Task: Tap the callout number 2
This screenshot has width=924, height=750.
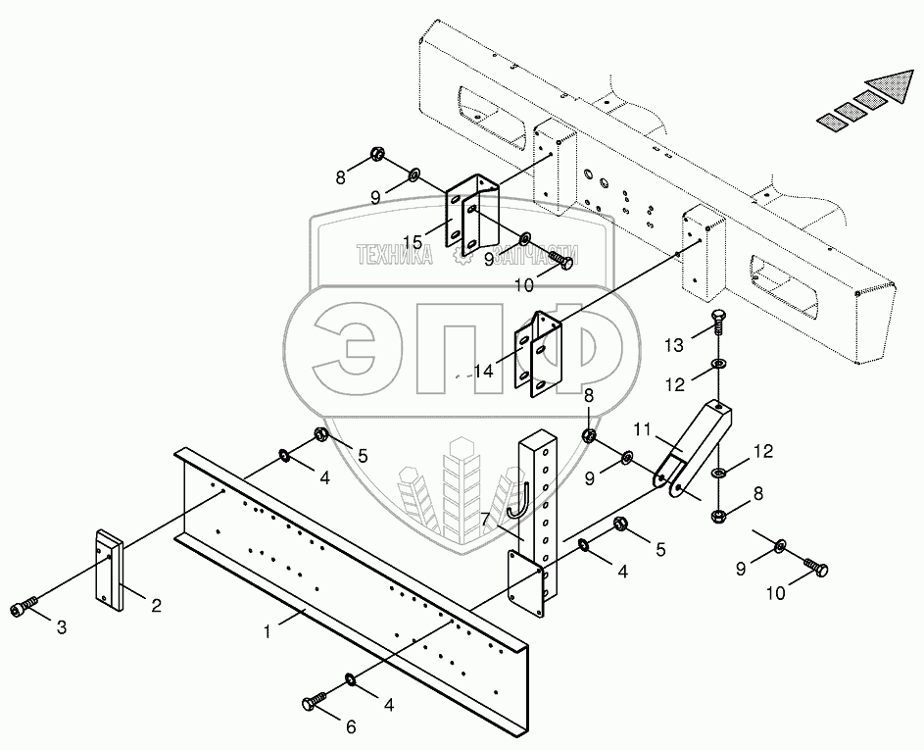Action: coord(155,605)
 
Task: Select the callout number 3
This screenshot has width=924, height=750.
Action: coord(61,628)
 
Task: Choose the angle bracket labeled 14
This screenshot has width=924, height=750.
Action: coord(543,352)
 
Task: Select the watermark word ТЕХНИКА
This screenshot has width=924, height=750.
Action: coord(395,256)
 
